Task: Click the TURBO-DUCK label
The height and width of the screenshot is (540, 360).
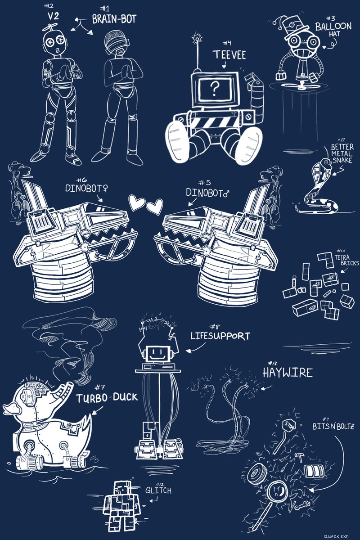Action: coord(106,399)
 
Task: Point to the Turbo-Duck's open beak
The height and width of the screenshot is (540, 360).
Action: coord(62,392)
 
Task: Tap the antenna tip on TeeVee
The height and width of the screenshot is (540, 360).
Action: coord(197,35)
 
